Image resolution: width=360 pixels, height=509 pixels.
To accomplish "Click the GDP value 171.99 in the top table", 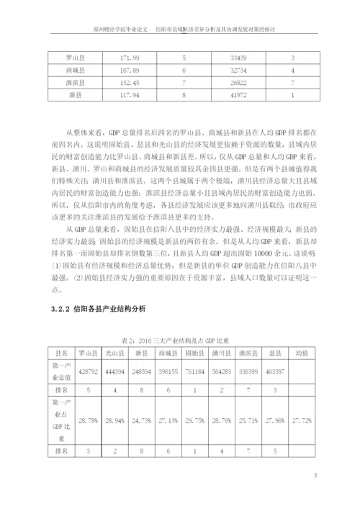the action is point(129,58).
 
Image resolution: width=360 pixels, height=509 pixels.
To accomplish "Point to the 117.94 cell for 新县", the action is point(129,94).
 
